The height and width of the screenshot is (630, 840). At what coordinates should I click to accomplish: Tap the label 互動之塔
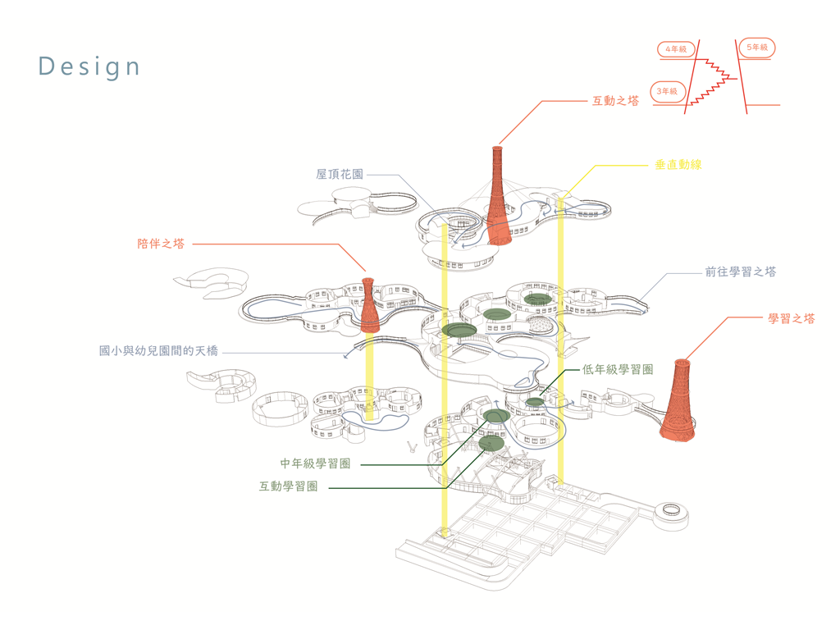pos(615,101)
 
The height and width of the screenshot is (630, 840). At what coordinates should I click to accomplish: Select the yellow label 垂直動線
pos(678,165)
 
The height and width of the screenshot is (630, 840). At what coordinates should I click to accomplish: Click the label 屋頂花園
pos(340,175)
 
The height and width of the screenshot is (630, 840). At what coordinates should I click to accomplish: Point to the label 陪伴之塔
pos(161,244)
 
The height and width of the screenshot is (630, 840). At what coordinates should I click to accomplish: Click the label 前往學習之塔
pos(740,272)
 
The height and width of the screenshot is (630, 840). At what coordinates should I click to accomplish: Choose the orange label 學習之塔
pos(792,318)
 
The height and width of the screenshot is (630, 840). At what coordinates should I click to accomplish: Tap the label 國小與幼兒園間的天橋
pos(159,351)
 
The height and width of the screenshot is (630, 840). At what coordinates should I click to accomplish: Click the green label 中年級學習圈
pos(316,463)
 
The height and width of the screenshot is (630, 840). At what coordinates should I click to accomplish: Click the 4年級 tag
pos(676,50)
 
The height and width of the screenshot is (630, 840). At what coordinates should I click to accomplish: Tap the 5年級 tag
pos(756,48)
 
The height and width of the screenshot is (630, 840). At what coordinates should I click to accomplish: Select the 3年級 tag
pos(668,91)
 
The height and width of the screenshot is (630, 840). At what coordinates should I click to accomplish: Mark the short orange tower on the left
pos(370,305)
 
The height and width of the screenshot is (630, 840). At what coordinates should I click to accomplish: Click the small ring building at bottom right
pos(671,511)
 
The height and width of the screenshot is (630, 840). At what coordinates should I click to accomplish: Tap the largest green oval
pos(459,330)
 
